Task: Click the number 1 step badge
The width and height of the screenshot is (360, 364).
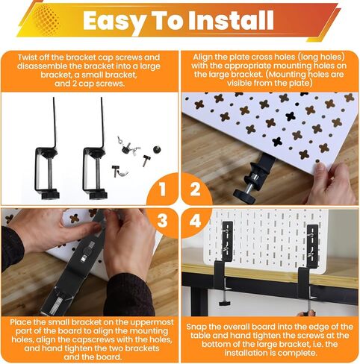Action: click(159, 189)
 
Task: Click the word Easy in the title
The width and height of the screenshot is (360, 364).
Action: click(117, 21)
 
